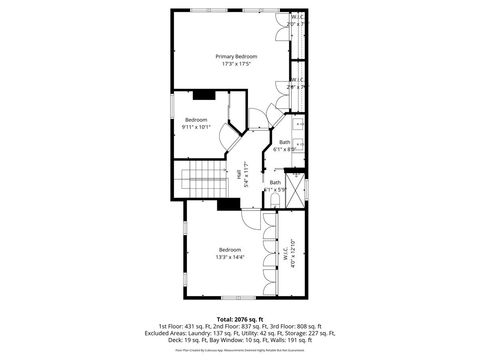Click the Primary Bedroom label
pyautogui.click(x=236, y=57)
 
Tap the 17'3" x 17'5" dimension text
pyautogui.click(x=236, y=65)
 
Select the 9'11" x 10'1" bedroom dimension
pyautogui.click(x=196, y=127)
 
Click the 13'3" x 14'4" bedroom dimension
pyautogui.click(x=231, y=257)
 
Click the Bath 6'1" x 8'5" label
pyautogui.click(x=285, y=145)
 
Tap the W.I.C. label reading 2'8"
pyautogui.click(x=297, y=83)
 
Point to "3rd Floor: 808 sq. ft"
pyautogui.click(x=295, y=326)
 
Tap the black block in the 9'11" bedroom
pyautogui.click(x=204, y=95)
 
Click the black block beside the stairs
pyautogui.click(x=228, y=205)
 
